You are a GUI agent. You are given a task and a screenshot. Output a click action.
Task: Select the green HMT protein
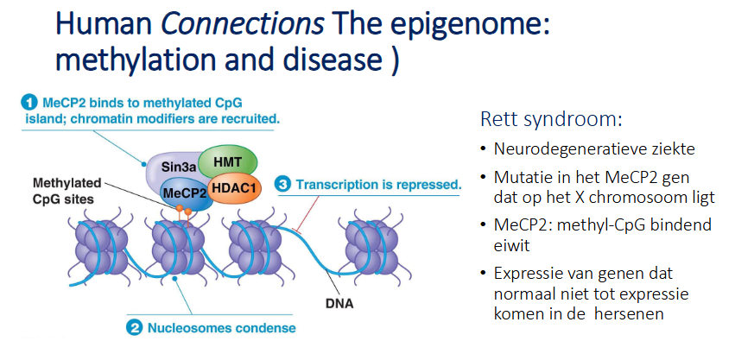point(227,161)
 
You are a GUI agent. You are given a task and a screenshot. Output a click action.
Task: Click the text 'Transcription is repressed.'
point(377,184)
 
